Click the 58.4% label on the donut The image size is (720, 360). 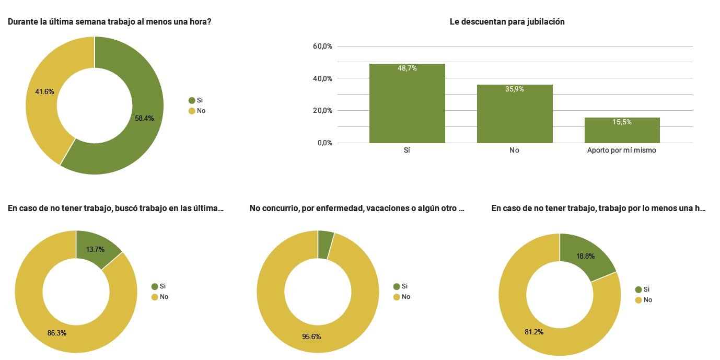click(x=144, y=119)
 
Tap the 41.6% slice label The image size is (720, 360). click(x=44, y=91)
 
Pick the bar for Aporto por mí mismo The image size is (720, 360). click(x=622, y=130)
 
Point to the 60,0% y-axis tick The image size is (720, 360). click(x=322, y=46)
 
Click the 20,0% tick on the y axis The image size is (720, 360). click(x=322, y=111)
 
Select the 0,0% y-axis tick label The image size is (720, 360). click(x=324, y=143)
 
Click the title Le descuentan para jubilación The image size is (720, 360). click(x=507, y=22)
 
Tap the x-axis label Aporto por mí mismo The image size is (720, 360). click(x=622, y=150)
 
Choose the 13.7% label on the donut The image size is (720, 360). click(x=95, y=249)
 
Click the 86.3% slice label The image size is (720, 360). click(x=57, y=333)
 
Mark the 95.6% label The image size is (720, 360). click(x=311, y=336)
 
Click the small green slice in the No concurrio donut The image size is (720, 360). click(x=325, y=245)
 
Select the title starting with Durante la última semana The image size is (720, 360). click(x=110, y=22)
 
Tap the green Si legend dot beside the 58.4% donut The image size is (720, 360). click(x=191, y=100)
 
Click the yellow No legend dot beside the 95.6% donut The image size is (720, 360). click(x=397, y=297)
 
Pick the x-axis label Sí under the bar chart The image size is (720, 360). click(x=407, y=150)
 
